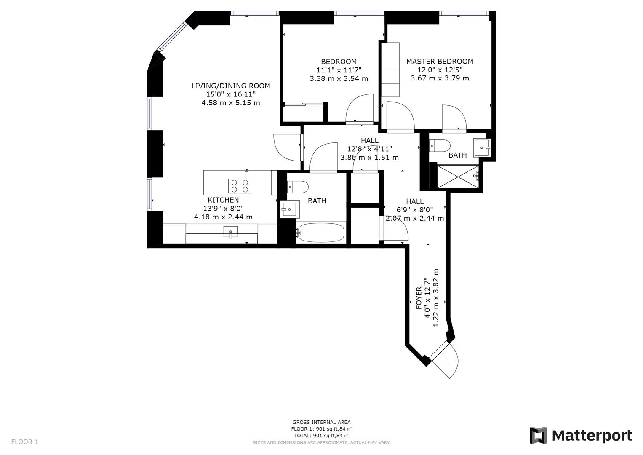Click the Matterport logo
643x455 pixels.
coord(581,435)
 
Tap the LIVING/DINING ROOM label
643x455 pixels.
coord(231,86)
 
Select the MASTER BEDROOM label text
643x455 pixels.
coord(440,62)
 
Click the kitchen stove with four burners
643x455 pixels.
coord(240,186)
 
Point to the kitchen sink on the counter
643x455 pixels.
coord(231,232)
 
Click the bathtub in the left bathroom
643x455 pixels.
coord(320,233)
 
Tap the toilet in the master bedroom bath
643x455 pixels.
coord(439,145)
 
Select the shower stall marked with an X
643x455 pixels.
coord(458,177)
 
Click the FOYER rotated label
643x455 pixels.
coord(419,298)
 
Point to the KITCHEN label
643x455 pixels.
coord(223,200)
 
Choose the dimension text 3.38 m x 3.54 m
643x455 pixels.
coord(339,78)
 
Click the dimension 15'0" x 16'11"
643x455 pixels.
coord(231,94)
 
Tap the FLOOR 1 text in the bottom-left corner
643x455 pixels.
coord(24,442)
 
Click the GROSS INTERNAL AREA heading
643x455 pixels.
coord(321,422)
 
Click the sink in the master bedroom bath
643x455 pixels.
coord(482,147)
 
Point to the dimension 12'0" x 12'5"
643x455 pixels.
coord(440,70)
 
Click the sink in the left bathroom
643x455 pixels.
coord(289,209)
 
